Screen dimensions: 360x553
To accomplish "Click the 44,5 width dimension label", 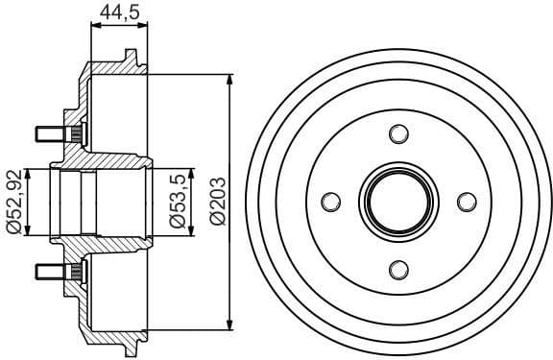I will (x=120, y=12).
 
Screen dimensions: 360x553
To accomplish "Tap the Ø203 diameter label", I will (x=216, y=202).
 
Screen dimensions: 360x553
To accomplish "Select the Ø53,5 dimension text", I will (x=178, y=202).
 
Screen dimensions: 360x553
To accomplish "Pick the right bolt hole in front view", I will (x=466, y=202).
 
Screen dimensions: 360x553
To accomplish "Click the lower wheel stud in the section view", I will (x=52, y=272).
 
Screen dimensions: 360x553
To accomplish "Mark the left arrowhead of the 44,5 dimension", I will (x=94, y=29).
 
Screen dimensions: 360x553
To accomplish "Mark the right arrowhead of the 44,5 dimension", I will (x=148, y=29).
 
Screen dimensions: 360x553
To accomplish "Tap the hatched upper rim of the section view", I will (x=115, y=69).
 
